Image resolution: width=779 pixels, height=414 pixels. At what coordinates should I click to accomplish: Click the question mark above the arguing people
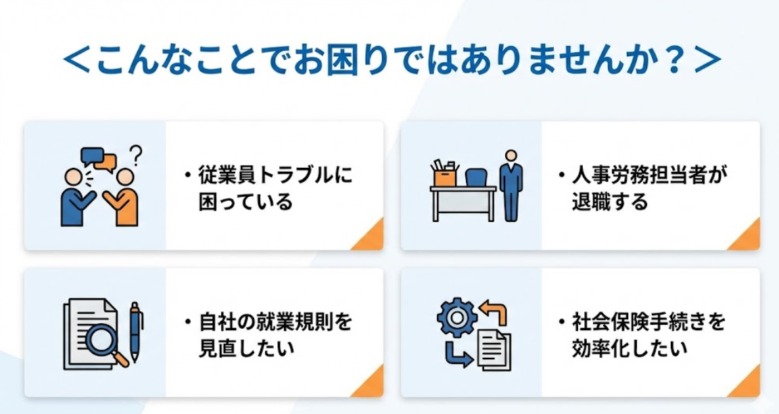point(135,154)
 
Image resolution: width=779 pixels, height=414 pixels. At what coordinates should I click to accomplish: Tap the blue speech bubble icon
point(92,156)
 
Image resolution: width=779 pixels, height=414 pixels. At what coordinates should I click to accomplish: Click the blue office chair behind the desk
point(476,177)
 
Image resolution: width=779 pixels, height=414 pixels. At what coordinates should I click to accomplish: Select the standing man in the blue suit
point(511,185)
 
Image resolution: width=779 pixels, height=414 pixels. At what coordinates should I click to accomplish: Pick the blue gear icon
point(456,317)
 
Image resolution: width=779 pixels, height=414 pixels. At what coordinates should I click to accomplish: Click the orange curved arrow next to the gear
point(494,313)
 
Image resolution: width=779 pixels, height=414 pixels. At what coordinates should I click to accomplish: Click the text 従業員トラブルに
point(275,175)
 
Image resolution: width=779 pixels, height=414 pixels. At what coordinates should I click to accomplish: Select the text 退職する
point(609,202)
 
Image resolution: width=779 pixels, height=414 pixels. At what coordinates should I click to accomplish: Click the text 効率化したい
point(630,348)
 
